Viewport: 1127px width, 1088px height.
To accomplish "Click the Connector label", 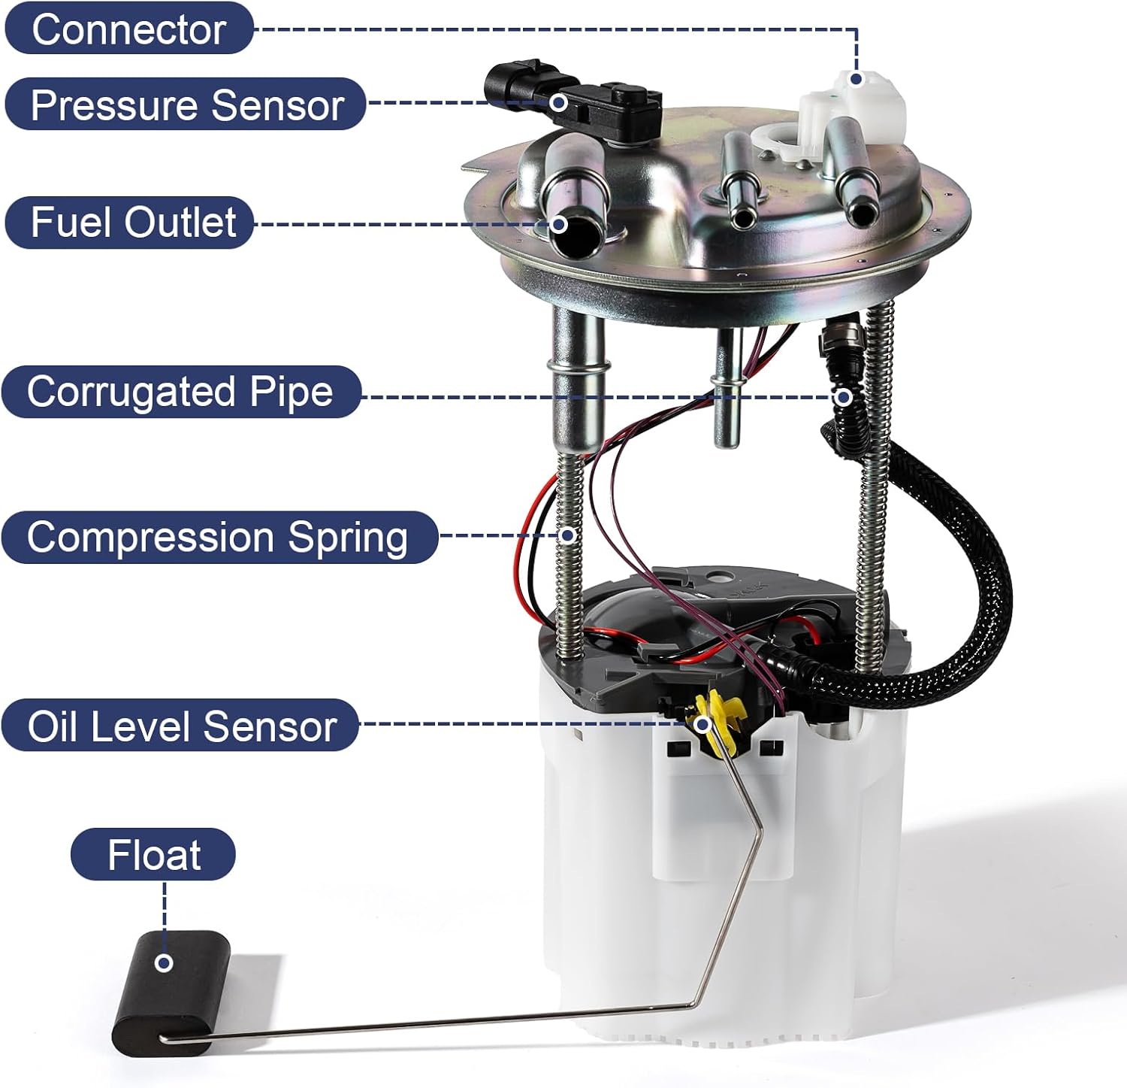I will pyautogui.click(x=128, y=29).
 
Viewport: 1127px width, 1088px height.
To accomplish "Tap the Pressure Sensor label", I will pyautogui.click(x=186, y=105).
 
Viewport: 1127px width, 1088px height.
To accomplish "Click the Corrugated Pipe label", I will pyautogui.click(x=180, y=392).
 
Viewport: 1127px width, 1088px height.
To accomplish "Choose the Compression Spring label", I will pyautogui.click(x=218, y=538).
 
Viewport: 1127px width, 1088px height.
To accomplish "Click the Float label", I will pyautogui.click(x=153, y=855).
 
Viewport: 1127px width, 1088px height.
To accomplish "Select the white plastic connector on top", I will pyautogui.click(x=853, y=113).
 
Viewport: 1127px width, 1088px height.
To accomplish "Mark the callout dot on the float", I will pyautogui.click(x=164, y=962).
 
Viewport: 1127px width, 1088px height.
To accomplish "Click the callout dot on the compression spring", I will pyautogui.click(x=569, y=535).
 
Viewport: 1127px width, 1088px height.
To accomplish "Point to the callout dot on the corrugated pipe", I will pyautogui.click(x=844, y=396).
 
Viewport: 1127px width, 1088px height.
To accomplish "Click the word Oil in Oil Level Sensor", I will pyautogui.click(x=54, y=726).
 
